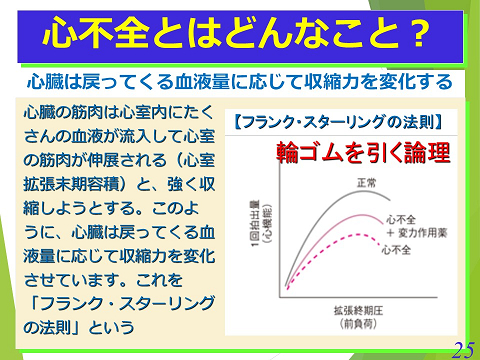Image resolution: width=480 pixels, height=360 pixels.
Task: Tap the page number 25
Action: click(462, 346)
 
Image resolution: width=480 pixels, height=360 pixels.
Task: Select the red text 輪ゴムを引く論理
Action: click(363, 153)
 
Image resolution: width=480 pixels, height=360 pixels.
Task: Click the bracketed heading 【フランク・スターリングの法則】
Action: click(337, 126)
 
